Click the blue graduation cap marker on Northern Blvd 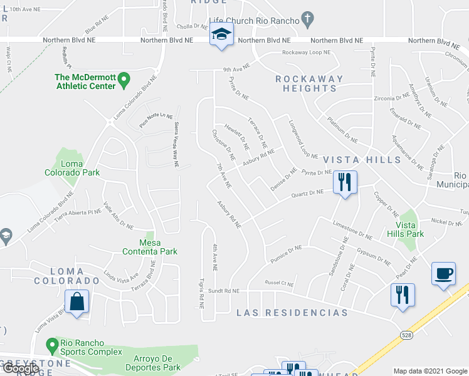(x=220, y=34)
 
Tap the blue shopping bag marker (x=76, y=301)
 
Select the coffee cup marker (x=443, y=274)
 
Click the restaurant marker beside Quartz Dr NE (x=344, y=182)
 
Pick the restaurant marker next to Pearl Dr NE (x=402, y=295)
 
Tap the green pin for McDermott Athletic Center (x=124, y=80)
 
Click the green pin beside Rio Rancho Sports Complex (x=53, y=344)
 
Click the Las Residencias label (x=292, y=312)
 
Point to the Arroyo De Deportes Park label (x=157, y=363)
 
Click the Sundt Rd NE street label (x=224, y=291)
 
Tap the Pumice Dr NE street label (x=287, y=253)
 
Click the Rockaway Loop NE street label (x=306, y=53)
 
